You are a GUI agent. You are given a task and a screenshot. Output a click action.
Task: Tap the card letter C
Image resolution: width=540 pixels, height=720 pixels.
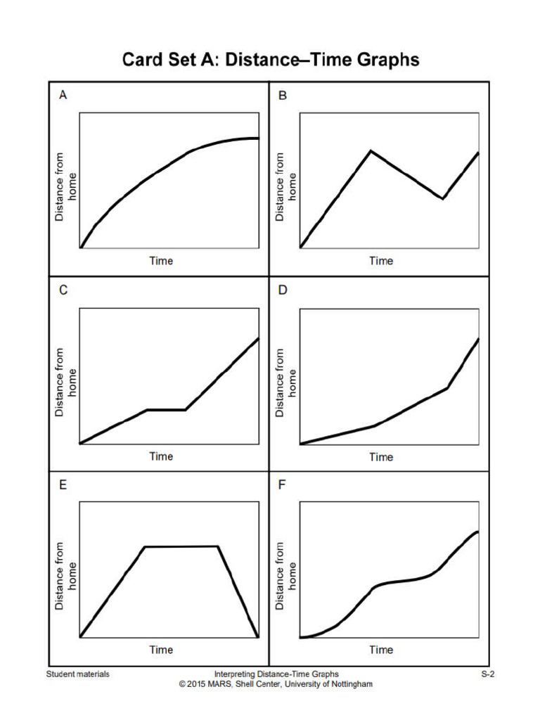tap(63, 290)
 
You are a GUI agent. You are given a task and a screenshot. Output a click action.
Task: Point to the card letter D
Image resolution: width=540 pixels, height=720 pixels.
tap(283, 290)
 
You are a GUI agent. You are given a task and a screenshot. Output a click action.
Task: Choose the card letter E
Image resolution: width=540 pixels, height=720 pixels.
tap(63, 484)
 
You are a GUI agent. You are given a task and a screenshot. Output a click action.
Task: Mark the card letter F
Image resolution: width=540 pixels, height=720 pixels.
tap(283, 484)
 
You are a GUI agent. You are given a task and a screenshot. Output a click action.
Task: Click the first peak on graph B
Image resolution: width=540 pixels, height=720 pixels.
tap(371, 150)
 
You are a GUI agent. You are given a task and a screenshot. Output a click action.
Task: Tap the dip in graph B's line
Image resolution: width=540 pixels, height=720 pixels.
tap(443, 198)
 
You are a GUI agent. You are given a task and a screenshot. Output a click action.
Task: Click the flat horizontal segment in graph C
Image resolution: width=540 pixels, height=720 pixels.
tap(166, 409)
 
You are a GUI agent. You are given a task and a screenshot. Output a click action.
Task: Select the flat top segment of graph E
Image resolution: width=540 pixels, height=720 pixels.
tap(181, 546)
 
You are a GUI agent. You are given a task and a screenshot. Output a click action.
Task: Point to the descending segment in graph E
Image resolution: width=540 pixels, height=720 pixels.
tap(238, 592)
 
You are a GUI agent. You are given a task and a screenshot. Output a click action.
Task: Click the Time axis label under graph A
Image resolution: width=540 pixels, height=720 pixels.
tap(161, 261)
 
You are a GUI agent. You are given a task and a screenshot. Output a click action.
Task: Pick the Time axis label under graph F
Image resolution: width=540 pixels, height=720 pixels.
tap(381, 650)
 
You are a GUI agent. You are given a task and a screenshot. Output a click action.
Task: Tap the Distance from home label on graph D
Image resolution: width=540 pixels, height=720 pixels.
tap(286, 382)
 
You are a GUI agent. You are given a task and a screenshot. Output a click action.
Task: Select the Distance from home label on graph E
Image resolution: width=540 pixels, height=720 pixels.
tap(66, 575)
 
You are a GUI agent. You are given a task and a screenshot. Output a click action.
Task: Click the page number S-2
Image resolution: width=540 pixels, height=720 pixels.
tap(488, 674)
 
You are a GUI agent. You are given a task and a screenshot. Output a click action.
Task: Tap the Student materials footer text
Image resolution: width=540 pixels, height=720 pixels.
tap(78, 674)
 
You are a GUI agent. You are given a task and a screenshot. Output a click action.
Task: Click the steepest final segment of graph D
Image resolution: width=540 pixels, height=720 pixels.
tap(464, 362)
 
